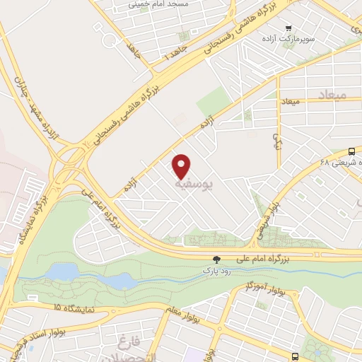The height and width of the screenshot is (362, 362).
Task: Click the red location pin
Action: point(182,165)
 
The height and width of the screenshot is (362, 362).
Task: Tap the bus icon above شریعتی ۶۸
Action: point(352,151)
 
